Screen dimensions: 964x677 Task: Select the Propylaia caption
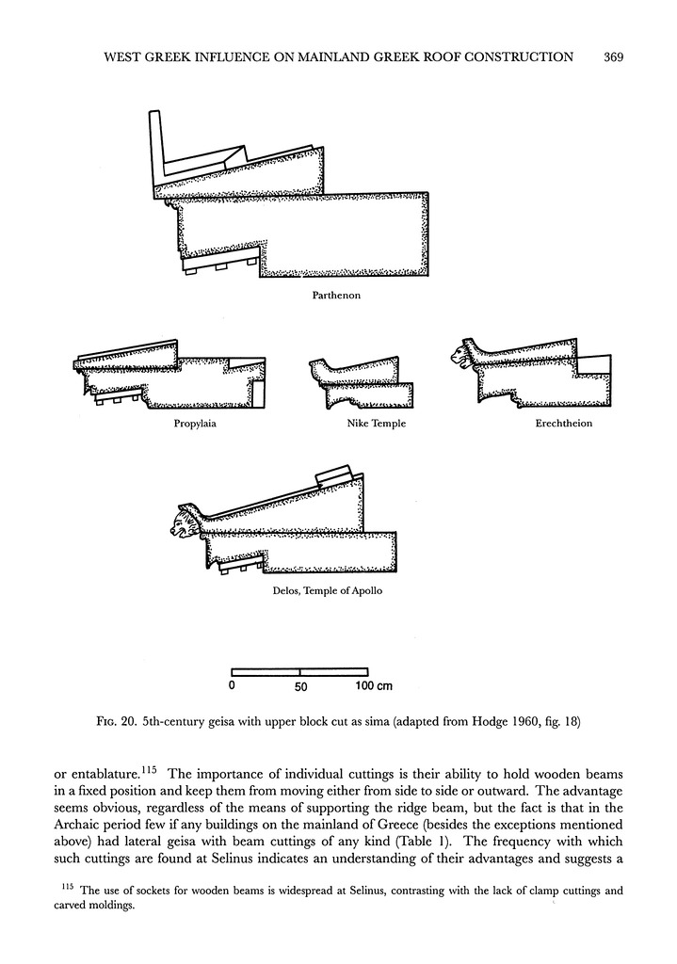pyautogui.click(x=196, y=424)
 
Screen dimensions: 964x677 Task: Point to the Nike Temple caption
pyautogui.click(x=377, y=424)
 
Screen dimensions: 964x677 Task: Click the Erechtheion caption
pyautogui.click(x=563, y=424)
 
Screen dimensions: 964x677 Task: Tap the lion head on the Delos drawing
pyautogui.click(x=184, y=522)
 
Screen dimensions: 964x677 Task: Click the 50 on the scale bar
pyautogui.click(x=300, y=687)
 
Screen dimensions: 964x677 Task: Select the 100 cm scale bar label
pyautogui.click(x=374, y=686)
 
